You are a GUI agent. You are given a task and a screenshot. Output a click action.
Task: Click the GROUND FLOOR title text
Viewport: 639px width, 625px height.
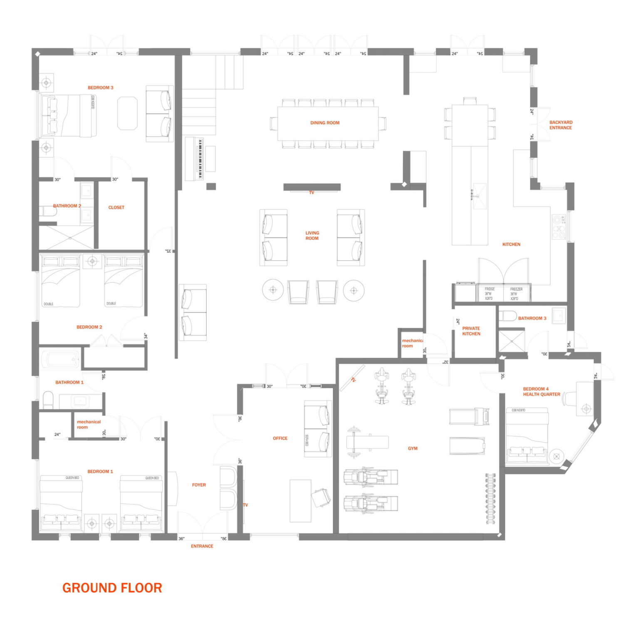[112, 588]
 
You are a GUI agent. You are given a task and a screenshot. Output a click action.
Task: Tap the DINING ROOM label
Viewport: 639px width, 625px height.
[324, 123]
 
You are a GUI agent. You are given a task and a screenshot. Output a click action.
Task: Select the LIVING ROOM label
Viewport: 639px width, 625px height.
[312, 236]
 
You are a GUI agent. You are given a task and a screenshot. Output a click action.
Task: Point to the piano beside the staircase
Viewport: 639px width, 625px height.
[195, 158]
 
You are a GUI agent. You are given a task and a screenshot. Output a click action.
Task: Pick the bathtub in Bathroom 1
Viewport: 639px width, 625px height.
[61, 359]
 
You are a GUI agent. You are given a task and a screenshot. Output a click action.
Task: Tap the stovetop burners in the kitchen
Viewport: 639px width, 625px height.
[559, 227]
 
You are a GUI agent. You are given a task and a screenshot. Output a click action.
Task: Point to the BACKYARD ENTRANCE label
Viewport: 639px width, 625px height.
[560, 125]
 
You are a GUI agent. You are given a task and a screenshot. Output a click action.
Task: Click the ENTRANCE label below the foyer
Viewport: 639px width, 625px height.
[202, 546]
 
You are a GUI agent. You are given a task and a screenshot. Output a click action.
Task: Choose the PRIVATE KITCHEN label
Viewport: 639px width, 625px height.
[471, 331]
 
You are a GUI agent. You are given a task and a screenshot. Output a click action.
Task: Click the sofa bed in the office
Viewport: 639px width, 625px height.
[318, 429]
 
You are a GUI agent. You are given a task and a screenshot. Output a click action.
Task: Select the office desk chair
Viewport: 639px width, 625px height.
[321, 498]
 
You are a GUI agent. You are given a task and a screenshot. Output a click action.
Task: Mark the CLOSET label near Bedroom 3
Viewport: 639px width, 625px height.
[116, 207]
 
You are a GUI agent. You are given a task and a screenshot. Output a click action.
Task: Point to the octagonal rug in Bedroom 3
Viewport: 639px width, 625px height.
[127, 113]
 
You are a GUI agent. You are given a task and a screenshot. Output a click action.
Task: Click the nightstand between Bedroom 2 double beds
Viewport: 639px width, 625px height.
[92, 261]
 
